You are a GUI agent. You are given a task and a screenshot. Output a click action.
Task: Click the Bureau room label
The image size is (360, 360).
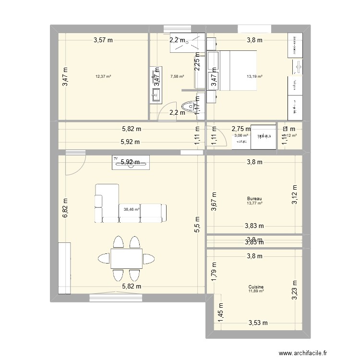pos(254,199)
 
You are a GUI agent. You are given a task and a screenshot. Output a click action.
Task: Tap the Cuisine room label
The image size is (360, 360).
pos(256,287)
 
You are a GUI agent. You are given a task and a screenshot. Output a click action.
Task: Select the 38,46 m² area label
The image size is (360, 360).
pos(131,209)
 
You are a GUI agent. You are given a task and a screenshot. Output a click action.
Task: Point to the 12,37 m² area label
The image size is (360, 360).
pos(103,76)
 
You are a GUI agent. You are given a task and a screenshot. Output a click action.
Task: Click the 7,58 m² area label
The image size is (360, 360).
pos(177,76)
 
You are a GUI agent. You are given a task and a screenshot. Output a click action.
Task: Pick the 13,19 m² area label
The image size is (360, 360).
pos(254,76)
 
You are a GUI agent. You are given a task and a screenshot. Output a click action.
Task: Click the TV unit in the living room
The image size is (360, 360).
pos(131,162)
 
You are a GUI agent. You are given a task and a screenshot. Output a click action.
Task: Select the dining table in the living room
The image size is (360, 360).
pos(126,258)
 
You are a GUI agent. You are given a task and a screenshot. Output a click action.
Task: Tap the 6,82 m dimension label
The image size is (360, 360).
pos(65,209)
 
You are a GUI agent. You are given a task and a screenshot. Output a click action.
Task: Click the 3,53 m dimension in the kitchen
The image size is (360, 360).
pos(257,323)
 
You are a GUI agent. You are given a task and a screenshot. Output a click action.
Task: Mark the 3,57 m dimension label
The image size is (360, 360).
pos(103,40)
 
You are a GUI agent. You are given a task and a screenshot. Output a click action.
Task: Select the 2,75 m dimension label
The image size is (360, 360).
pos(241,129)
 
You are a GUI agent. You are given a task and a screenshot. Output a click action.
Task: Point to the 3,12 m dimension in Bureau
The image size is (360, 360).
pos(295,195)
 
